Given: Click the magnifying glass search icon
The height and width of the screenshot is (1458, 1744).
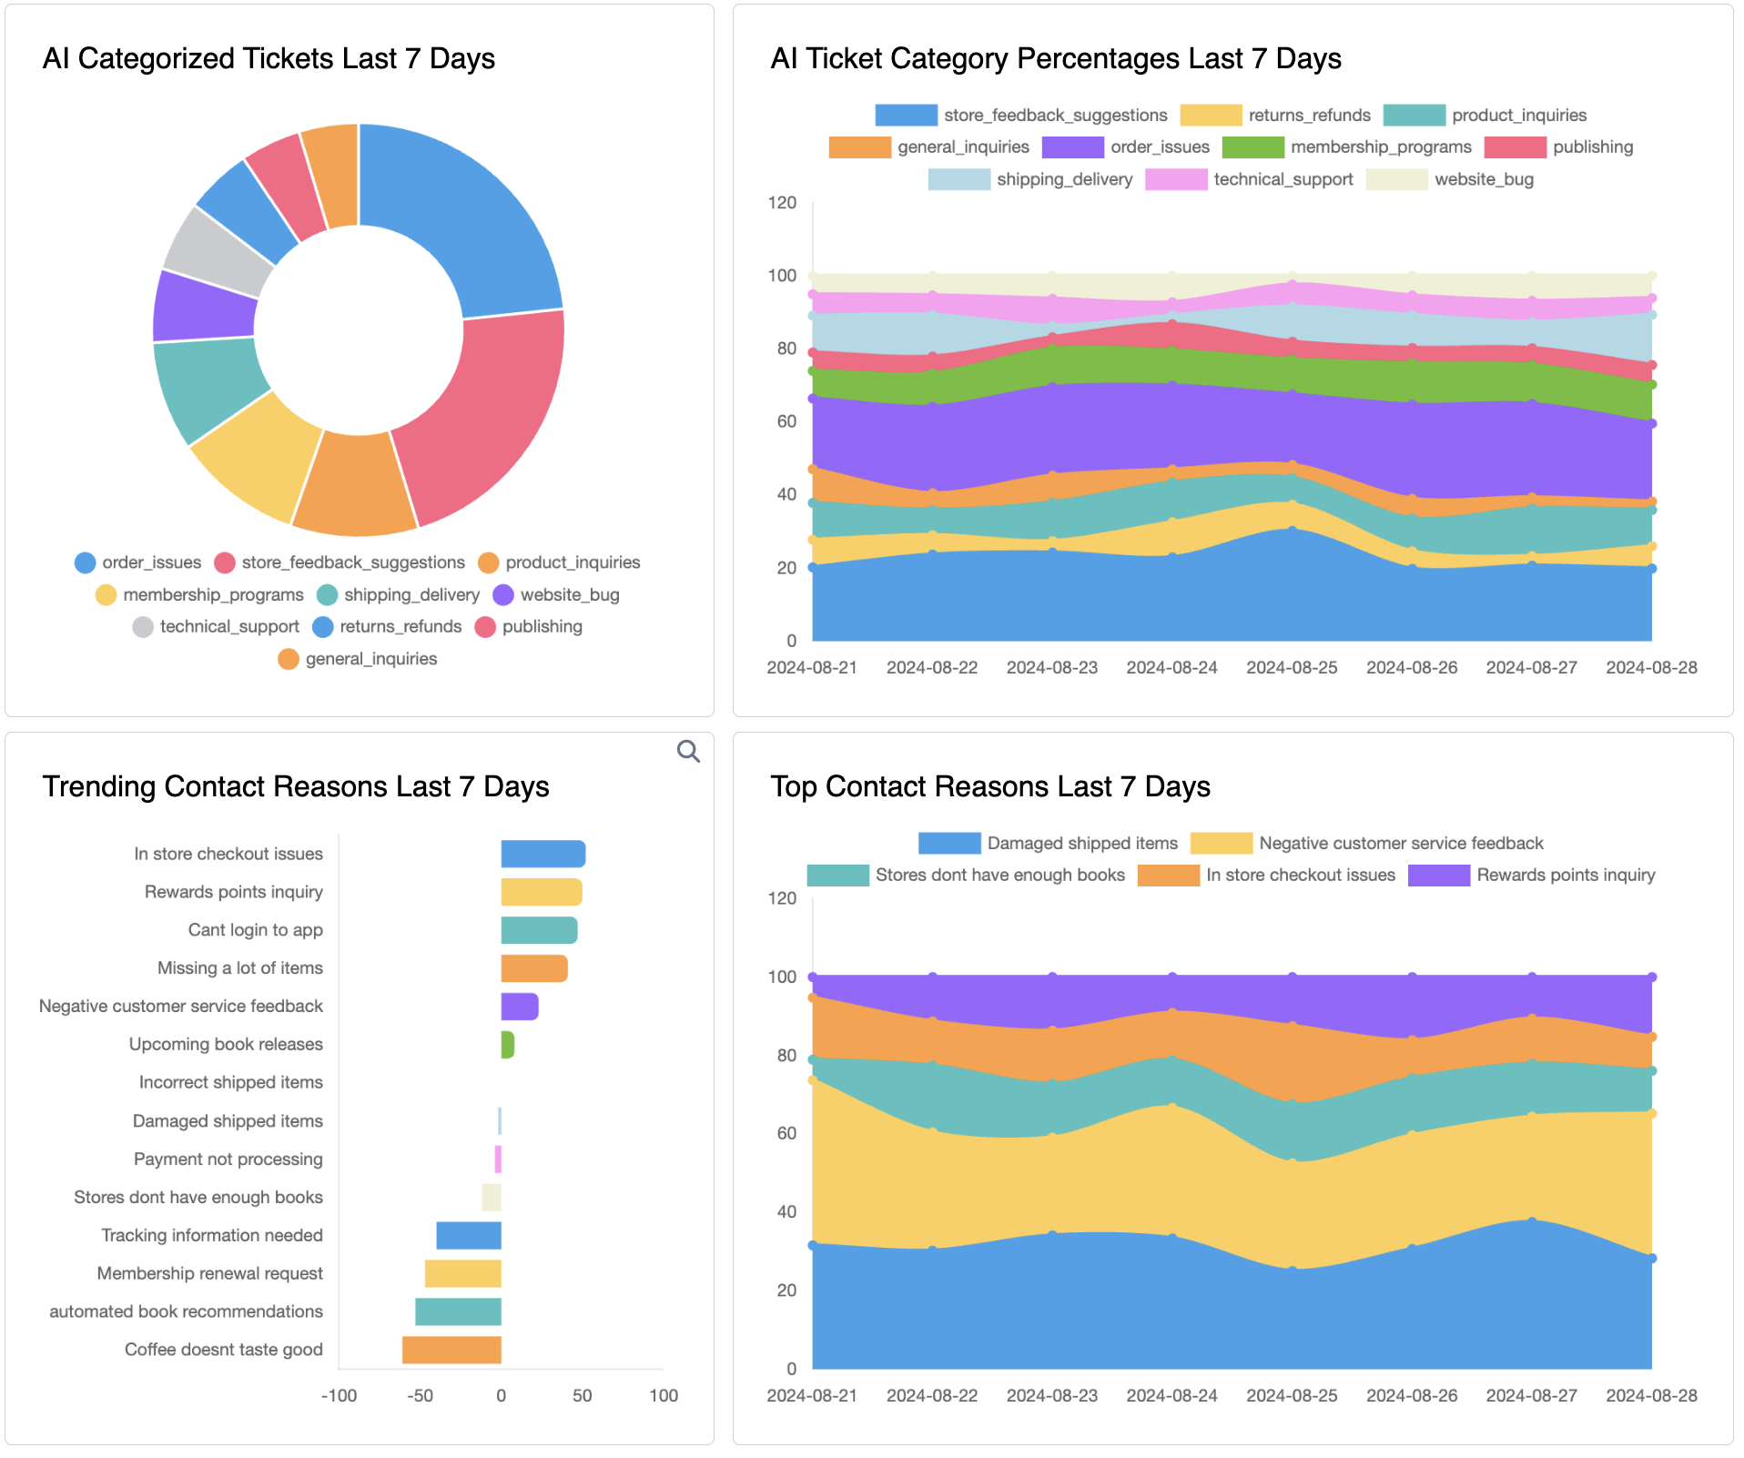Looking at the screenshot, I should [688, 751].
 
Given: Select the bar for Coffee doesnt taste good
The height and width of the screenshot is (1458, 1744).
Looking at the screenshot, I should [451, 1350].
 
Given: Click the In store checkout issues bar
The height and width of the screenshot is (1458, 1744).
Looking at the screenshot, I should [542, 854].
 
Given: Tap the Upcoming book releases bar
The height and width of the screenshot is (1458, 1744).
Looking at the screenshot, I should [507, 1045].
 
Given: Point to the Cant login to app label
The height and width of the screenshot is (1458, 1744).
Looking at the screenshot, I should [255, 930].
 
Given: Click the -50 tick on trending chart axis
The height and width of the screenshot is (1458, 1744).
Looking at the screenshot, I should [420, 1395].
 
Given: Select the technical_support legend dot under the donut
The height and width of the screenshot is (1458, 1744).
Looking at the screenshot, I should [143, 627].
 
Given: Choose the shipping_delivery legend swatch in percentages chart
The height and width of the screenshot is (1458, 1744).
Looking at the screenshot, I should [958, 179].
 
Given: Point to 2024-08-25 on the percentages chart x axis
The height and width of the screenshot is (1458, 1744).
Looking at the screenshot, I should [1292, 667].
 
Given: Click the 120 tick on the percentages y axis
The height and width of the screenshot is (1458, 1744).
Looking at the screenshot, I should [782, 202].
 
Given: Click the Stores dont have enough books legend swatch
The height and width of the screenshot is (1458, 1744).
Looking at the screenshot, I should [837, 876].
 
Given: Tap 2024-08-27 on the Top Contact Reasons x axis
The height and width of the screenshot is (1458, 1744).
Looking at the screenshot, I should [1531, 1395].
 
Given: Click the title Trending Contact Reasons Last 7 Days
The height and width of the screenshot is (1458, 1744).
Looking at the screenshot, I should [296, 786].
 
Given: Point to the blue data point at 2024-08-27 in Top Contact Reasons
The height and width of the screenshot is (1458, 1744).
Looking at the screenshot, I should [1532, 1221].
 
